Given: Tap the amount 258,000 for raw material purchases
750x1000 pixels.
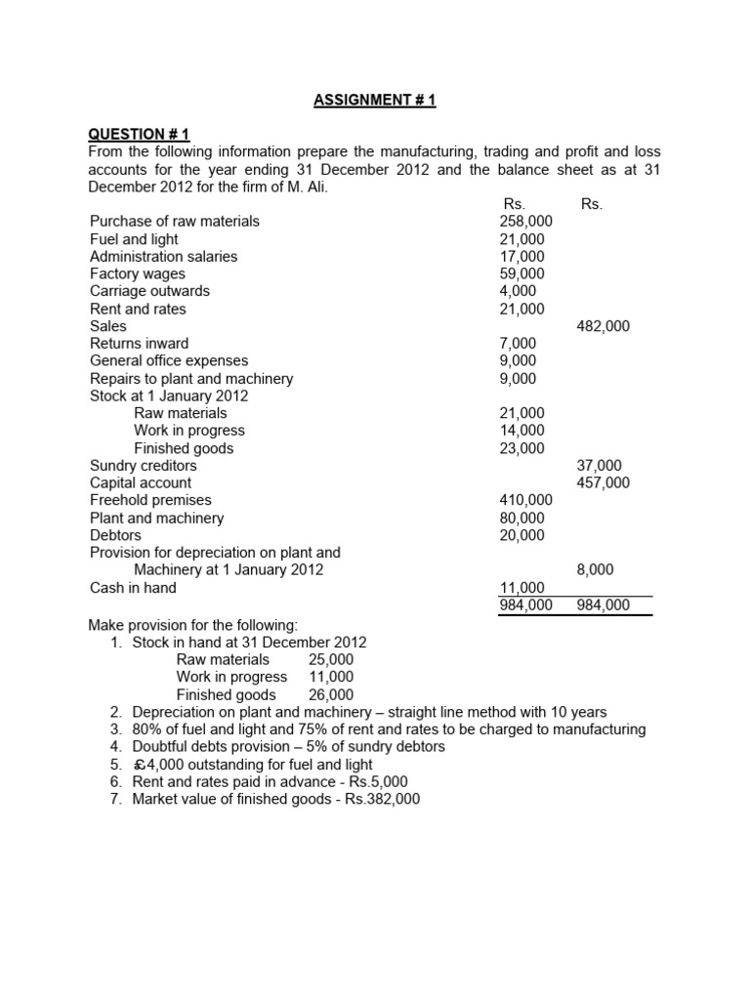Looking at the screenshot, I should (525, 221).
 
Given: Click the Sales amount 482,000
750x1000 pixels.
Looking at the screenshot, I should (604, 326).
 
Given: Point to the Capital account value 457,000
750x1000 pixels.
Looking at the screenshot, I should (604, 482).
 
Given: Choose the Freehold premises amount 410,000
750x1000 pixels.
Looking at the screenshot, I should (525, 500).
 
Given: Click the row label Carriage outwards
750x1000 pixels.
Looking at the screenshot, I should (149, 291).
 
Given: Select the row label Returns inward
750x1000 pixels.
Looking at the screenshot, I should (139, 344).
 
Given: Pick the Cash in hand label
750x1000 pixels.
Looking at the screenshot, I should (133, 588).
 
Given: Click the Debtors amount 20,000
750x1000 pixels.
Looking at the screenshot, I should (521, 535).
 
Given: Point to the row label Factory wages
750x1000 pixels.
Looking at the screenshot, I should (137, 273).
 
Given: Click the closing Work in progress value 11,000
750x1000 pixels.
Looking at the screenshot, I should (331, 676).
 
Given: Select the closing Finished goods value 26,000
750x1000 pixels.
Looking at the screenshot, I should (331, 693).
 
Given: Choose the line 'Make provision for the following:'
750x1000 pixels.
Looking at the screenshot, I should (192, 624).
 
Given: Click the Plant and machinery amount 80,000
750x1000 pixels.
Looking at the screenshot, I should (521, 518).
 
